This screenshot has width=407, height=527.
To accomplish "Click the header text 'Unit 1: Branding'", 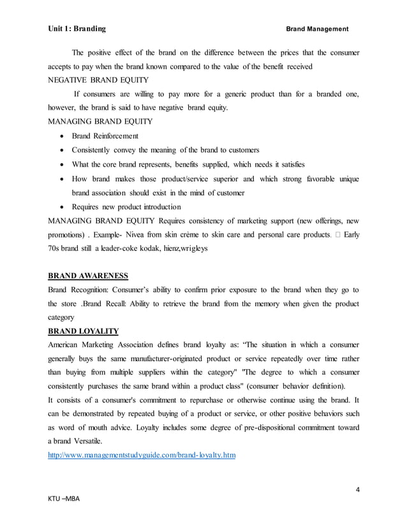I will [77, 29].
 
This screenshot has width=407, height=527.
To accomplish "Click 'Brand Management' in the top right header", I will [316, 29].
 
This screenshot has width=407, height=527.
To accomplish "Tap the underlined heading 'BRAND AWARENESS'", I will [89, 276].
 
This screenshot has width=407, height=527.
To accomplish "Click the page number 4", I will [358, 490].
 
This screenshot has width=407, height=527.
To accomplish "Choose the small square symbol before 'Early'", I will [336, 235].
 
